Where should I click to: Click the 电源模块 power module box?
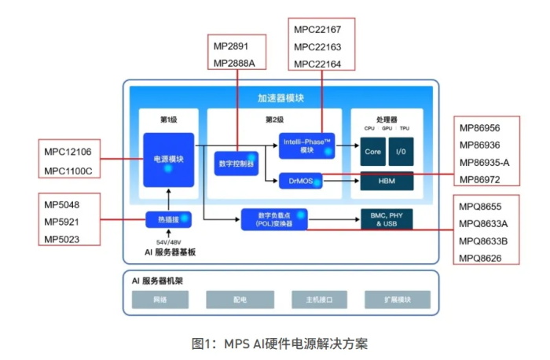[168, 160]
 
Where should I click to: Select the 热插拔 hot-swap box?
[169, 219]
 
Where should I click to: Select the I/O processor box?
[401, 151]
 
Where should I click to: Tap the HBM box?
[386, 182]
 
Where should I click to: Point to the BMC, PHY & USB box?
[386, 219]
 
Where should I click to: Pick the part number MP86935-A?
[484, 163]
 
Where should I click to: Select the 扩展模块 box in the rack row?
[397, 299]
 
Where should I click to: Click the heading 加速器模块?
[280, 98]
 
